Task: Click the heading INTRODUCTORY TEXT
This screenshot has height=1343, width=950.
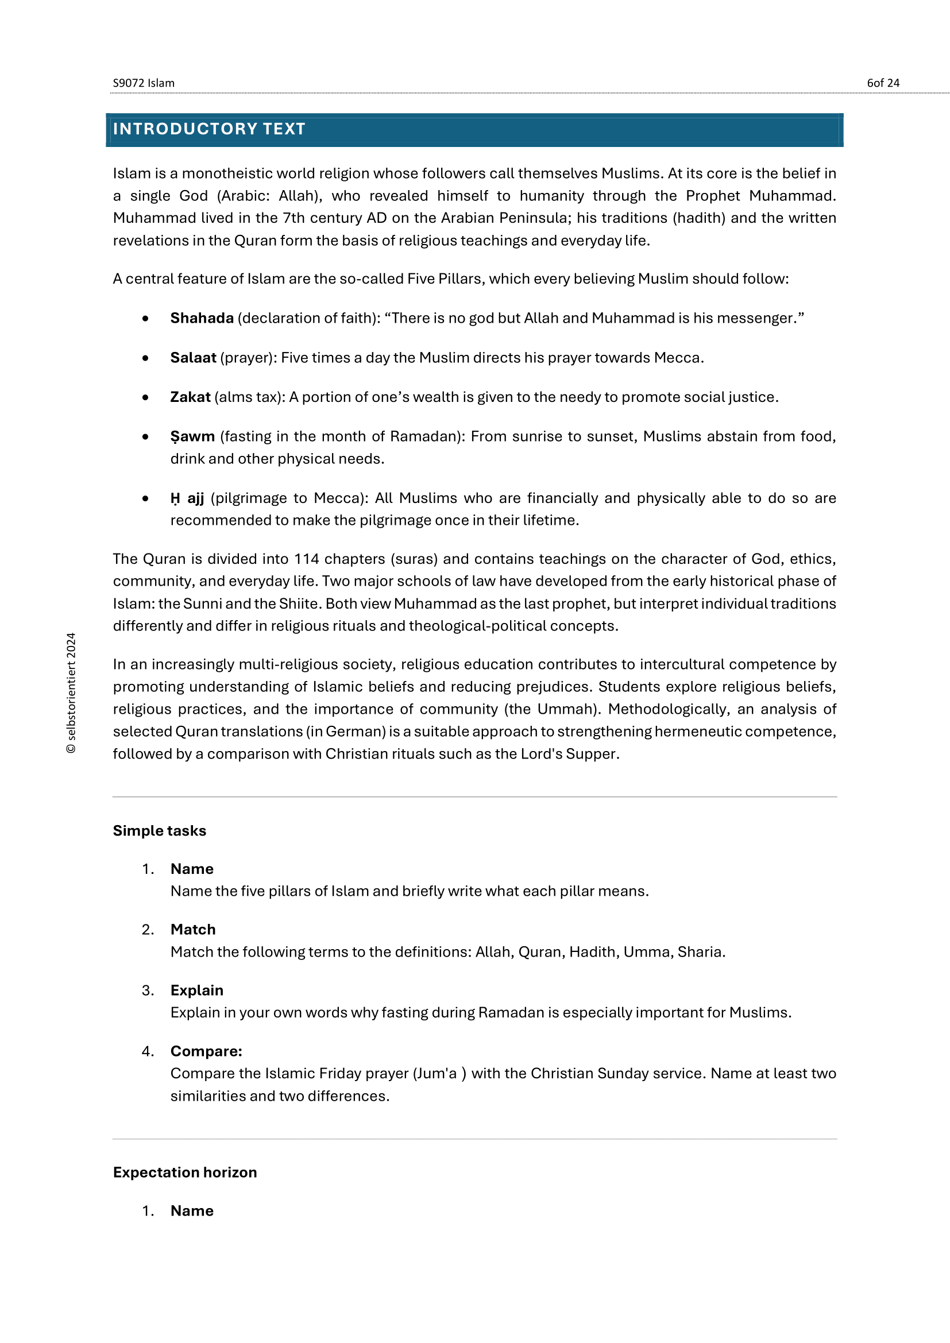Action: [209, 129]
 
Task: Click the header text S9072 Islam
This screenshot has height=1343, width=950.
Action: [144, 83]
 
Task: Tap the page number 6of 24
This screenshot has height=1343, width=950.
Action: [883, 83]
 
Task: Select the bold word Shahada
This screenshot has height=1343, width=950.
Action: [202, 318]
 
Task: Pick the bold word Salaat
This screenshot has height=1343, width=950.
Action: [193, 357]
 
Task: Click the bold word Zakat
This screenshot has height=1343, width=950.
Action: [190, 397]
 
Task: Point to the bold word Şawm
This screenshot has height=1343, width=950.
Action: [192, 436]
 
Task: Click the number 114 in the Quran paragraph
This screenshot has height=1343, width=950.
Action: [307, 559]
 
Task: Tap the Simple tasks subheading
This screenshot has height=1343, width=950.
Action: [159, 831]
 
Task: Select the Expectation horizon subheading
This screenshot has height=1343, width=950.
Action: [185, 1172]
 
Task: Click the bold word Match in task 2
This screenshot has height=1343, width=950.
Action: [193, 930]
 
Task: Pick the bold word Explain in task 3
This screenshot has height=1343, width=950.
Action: [196, 990]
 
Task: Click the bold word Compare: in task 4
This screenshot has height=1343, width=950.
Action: [206, 1051]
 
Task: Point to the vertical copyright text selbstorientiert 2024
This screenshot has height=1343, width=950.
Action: [71, 693]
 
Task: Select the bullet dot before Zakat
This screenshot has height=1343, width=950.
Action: [145, 398]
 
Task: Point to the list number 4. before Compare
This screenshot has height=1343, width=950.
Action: [148, 1051]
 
